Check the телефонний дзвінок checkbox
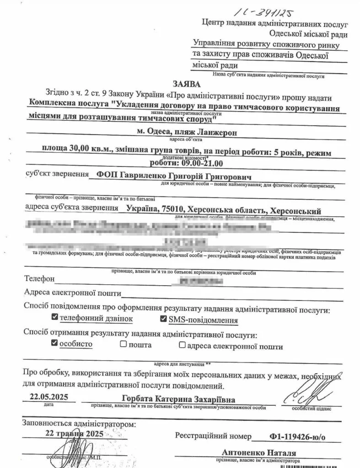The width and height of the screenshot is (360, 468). pos(55,317)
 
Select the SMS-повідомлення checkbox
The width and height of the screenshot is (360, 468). pos(164,319)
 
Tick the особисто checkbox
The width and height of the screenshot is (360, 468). pos(55,343)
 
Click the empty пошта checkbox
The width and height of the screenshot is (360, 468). pos(123,344)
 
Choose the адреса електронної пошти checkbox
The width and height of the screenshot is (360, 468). pos(182,345)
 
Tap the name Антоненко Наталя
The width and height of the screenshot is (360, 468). pos(259,453)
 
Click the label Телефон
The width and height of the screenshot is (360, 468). pos(40,279)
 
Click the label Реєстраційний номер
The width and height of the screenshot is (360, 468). pos(213,435)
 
